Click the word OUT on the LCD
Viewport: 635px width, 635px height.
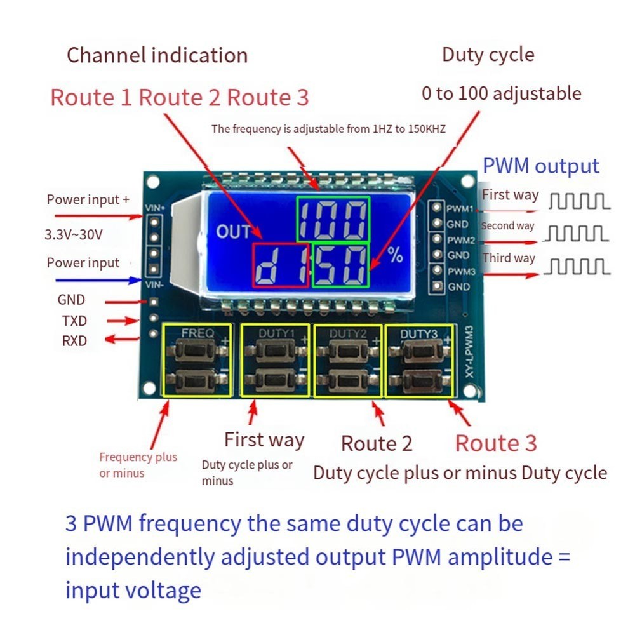pyautogui.click(x=233, y=232)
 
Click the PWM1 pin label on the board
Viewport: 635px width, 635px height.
pyautogui.click(x=460, y=208)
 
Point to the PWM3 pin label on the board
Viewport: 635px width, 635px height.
pyautogui.click(x=460, y=271)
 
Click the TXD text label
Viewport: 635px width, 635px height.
pyautogui.click(x=74, y=321)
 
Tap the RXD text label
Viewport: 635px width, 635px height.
pyautogui.click(x=74, y=341)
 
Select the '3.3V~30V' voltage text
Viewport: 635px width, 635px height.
pyautogui.click(x=74, y=234)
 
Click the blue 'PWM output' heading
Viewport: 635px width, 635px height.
pyautogui.click(x=540, y=166)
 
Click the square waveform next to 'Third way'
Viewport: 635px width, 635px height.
pyautogui.click(x=579, y=267)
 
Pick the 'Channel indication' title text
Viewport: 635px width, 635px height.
pyautogui.click(x=157, y=55)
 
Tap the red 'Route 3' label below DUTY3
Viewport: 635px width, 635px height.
pyautogui.click(x=496, y=443)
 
